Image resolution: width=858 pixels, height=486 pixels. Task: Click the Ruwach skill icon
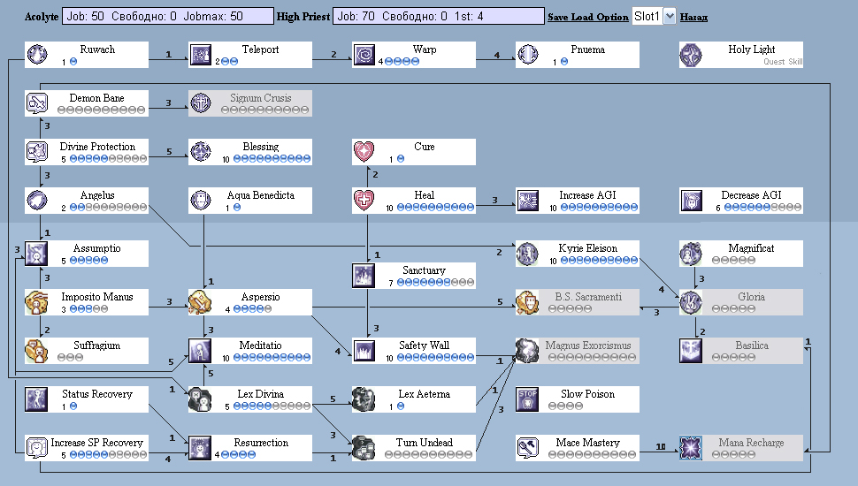tap(37, 55)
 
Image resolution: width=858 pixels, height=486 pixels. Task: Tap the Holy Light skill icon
tap(692, 55)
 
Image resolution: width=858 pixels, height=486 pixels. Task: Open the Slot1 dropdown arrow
tap(669, 17)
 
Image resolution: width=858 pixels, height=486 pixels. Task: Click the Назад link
tap(693, 17)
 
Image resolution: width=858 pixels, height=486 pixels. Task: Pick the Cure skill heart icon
tap(364, 152)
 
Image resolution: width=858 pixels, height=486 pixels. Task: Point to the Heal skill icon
tap(364, 201)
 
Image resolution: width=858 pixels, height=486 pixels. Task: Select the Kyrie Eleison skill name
tap(588, 248)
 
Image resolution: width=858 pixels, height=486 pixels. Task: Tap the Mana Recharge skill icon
tap(692, 448)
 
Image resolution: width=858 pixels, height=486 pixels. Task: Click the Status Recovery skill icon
tap(37, 399)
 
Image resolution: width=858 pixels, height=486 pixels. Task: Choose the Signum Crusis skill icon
tap(201, 103)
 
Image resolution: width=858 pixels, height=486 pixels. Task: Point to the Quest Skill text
tap(783, 62)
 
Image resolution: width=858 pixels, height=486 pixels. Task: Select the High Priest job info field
tap(438, 17)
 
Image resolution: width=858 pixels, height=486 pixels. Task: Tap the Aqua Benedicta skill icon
tap(201, 201)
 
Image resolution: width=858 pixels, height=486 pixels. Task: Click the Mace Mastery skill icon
tap(528, 448)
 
